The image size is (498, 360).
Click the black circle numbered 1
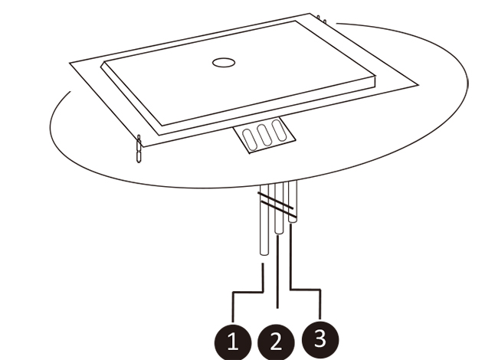233,342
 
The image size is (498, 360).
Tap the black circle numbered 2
276,342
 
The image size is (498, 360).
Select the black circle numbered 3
319,339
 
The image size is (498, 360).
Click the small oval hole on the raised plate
224,63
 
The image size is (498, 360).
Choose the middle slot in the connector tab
264,135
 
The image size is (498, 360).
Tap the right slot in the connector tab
279,130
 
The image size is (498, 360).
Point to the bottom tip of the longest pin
264,254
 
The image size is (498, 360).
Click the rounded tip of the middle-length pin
279,232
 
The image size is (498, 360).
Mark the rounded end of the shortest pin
293,221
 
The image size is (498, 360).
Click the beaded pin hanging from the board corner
139,149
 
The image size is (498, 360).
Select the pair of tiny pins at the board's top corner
322,19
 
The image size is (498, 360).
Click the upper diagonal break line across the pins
276,201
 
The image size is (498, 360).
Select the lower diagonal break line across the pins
278,210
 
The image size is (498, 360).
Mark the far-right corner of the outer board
418,85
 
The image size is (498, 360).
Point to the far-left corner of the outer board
70,63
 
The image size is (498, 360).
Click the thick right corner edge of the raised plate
375,81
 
